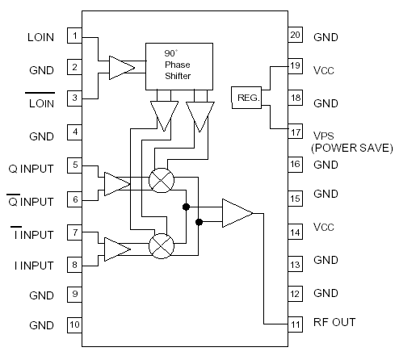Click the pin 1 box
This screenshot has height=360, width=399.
point(74,36)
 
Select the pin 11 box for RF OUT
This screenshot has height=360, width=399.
point(295,323)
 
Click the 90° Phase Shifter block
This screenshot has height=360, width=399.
point(178,65)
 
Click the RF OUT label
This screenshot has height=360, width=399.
point(334,323)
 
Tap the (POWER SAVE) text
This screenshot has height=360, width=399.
point(352,148)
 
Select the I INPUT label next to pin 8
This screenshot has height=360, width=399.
point(32,266)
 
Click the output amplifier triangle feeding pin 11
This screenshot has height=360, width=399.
point(237,213)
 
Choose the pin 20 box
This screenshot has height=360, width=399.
point(295,36)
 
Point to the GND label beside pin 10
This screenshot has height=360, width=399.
point(41,325)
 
